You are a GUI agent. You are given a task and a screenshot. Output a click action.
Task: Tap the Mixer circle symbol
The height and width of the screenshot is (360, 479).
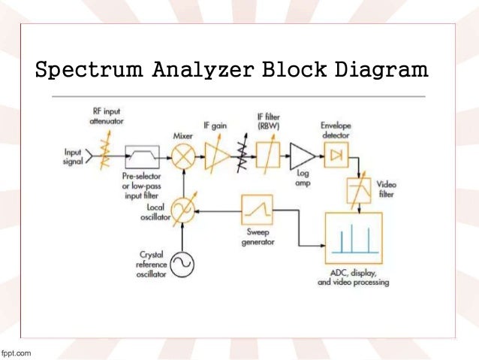pyautogui.click(x=182, y=158)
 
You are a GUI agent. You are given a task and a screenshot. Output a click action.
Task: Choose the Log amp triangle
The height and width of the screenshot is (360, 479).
pyautogui.click(x=302, y=157)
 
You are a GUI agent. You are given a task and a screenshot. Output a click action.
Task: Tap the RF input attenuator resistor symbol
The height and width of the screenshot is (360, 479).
pyautogui.click(x=104, y=156)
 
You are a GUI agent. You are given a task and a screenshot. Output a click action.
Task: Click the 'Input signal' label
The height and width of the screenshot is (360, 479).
pyautogui.click(x=73, y=157)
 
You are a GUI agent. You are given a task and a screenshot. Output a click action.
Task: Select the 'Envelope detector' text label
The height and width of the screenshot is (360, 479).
pyautogui.click(x=337, y=130)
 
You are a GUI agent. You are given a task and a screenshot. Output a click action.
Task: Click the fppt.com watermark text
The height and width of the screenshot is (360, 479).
pyautogui.click(x=17, y=352)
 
